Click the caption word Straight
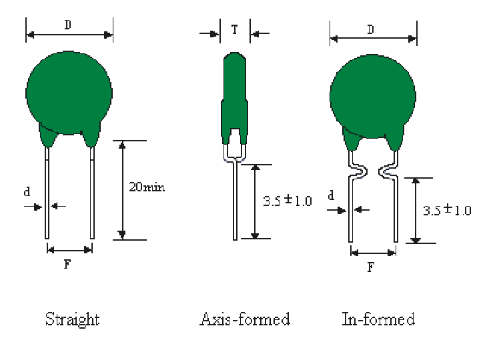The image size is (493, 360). click(x=72, y=319)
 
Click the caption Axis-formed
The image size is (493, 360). click(x=245, y=319)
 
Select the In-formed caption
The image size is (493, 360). click(x=378, y=319)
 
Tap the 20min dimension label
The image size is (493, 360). click(x=146, y=187)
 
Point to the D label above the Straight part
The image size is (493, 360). click(x=68, y=25)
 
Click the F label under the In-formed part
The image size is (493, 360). click(x=372, y=267)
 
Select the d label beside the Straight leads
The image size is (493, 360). click(x=27, y=192)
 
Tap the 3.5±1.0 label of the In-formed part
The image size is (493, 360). click(x=447, y=210)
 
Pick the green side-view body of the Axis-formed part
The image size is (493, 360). click(x=234, y=100)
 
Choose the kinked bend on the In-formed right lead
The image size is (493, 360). click(x=387, y=172)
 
